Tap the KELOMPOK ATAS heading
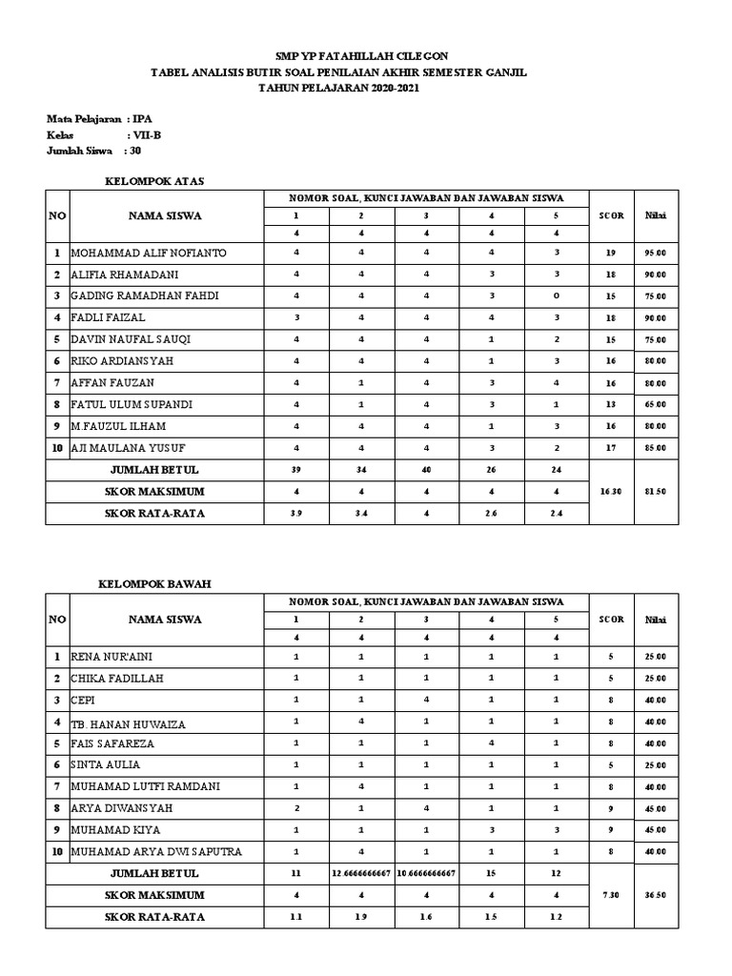point(153,179)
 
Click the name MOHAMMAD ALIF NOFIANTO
point(150,254)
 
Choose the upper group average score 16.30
point(611,491)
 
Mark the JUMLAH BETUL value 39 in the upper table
point(296,469)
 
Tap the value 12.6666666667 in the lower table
point(361,874)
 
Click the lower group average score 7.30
point(611,895)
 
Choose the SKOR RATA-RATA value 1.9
point(361,917)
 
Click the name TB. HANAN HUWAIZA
point(128,723)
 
